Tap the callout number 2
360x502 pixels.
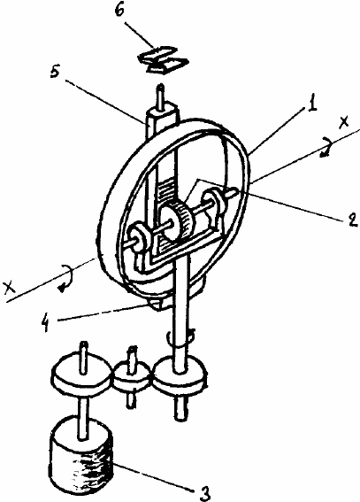352,220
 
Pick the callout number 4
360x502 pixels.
46,324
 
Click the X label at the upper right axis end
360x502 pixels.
344,122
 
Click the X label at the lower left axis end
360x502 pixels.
9,288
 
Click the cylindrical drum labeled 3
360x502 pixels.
80,454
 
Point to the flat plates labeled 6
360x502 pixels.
163,60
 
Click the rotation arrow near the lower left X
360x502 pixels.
66,277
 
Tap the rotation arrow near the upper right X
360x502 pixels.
326,148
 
